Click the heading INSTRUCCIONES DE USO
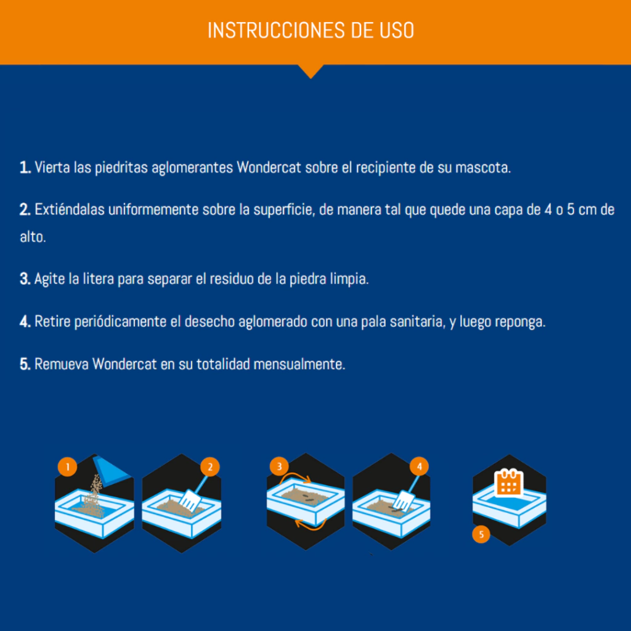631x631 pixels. [311, 30]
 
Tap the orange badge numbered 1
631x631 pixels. [68, 467]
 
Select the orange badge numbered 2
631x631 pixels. [210, 467]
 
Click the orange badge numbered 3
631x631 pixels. [279, 466]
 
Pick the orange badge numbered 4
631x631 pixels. [419, 466]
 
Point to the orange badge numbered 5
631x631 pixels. [481, 534]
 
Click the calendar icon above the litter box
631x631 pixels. [508, 482]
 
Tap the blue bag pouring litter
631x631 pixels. [110, 470]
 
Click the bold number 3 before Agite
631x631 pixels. [25, 279]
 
